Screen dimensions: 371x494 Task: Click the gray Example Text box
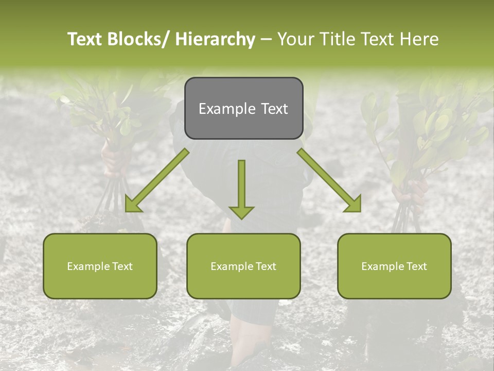click(243, 108)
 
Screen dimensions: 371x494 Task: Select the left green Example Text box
click(100, 266)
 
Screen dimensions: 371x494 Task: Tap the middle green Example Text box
click(243, 266)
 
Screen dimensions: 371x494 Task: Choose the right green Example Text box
click(394, 266)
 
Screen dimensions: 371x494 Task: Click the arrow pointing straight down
click(241, 188)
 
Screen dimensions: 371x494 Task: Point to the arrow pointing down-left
click(157, 180)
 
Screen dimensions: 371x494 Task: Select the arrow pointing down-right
click(329, 180)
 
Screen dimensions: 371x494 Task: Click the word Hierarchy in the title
click(215, 39)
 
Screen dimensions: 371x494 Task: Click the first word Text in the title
click(85, 39)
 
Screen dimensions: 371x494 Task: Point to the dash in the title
click(266, 39)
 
